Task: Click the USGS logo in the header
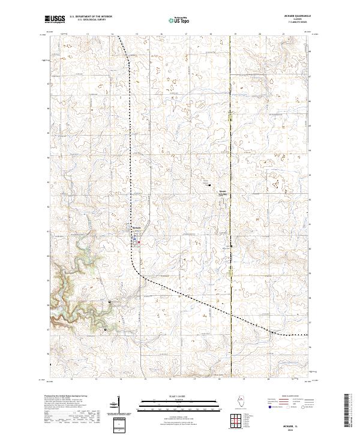[x=55, y=20]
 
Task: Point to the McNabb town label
[x=135, y=227]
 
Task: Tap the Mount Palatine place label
[x=223, y=191]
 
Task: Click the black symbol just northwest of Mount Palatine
[x=209, y=185]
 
